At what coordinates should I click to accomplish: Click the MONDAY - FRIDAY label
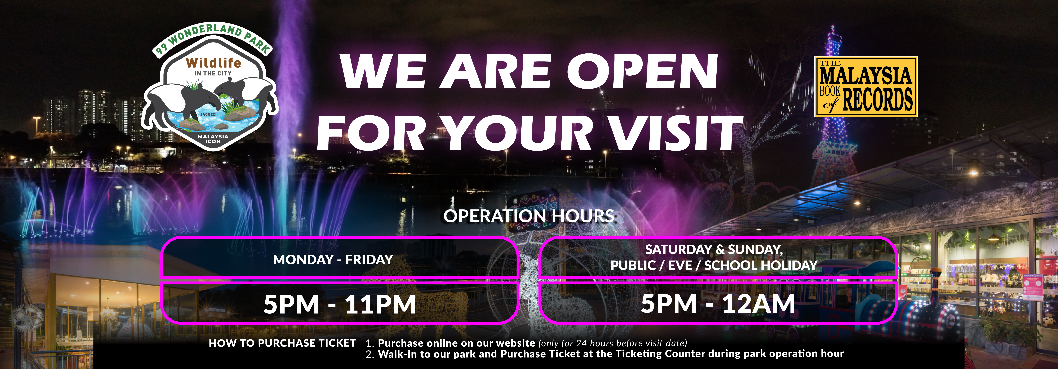(333, 259)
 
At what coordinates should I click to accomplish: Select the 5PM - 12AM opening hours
(718, 304)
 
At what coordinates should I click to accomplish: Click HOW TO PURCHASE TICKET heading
(282, 343)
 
